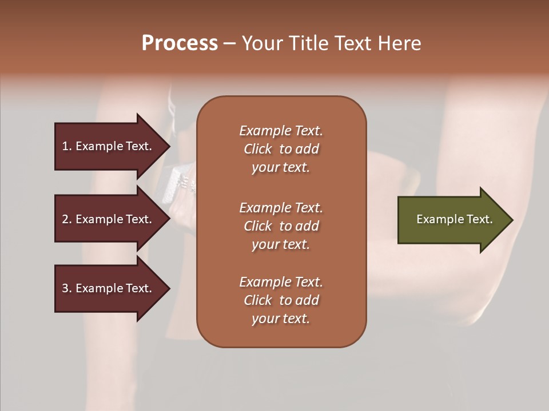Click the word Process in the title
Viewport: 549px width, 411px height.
[x=180, y=43]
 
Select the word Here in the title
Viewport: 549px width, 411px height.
[x=399, y=43]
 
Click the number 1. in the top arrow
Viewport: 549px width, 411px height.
[x=67, y=147]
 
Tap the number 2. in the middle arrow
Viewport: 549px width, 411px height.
[x=67, y=219]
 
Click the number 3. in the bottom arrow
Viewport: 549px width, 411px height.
[x=67, y=289]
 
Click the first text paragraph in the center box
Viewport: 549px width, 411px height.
[x=281, y=149]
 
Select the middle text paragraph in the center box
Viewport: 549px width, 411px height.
[x=281, y=226]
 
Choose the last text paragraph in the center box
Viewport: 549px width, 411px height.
[x=281, y=300]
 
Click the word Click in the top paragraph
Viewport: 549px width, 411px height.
[x=257, y=149]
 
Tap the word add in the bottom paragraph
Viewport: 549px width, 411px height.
[x=307, y=300]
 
